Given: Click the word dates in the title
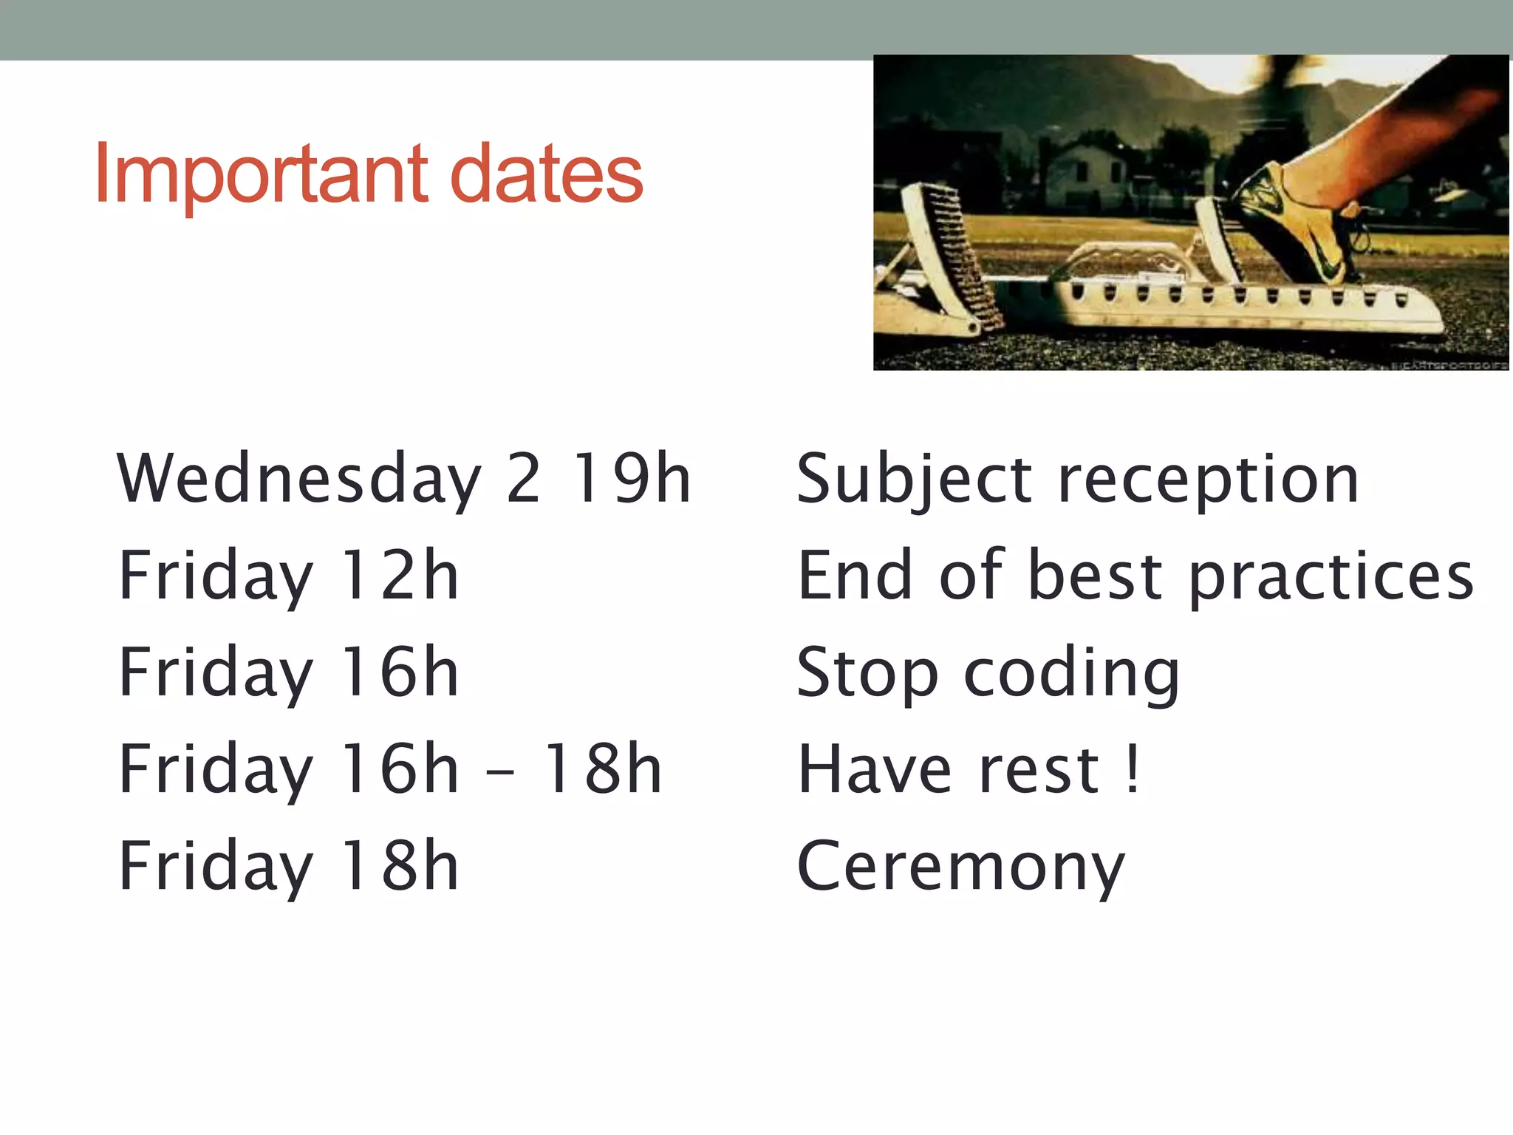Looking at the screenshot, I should pos(546,175).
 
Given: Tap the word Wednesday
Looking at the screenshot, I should pos(299,480).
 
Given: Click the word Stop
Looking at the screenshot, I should pos(867,673).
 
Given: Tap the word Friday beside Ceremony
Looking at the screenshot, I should pos(216,867).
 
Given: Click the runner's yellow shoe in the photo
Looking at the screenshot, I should pos(1300,222).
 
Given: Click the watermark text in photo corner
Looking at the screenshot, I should pos(1448,365).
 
